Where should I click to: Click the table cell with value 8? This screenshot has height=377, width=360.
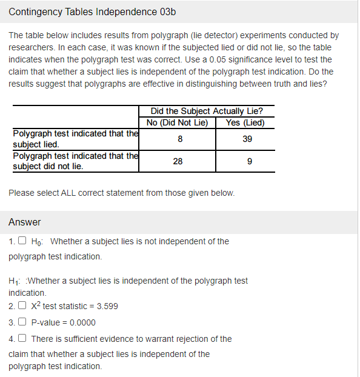click(x=178, y=139)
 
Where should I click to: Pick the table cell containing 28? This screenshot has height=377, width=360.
click(x=178, y=161)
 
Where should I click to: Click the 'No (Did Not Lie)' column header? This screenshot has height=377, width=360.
click(x=178, y=122)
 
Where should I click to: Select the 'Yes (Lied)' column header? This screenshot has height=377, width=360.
click(x=245, y=122)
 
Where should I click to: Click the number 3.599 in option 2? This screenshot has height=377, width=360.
click(x=106, y=306)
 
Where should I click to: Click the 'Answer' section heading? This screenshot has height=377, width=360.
click(x=25, y=222)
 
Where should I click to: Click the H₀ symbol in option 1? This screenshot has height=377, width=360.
click(x=36, y=242)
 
